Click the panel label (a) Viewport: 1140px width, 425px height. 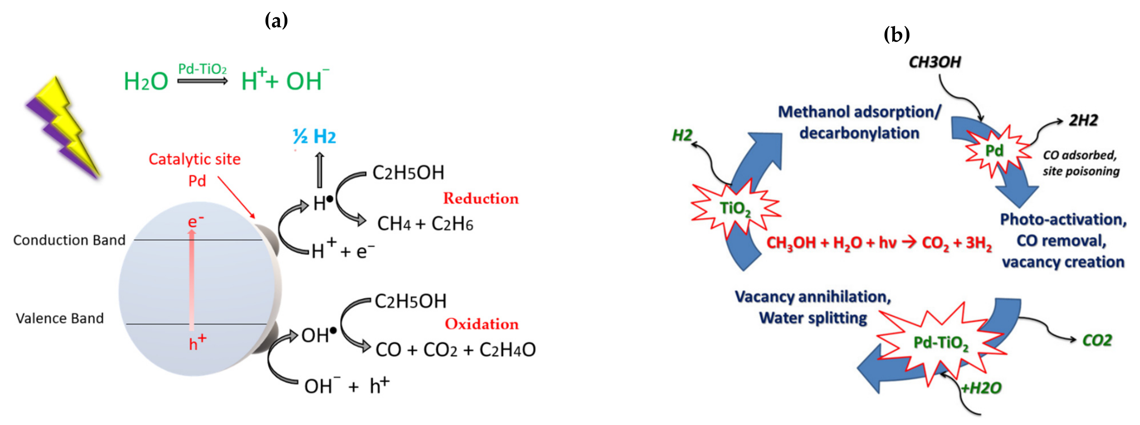pyautogui.click(x=276, y=20)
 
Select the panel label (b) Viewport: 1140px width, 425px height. pyautogui.click(x=896, y=34)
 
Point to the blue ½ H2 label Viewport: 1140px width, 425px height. pyautogui.click(x=314, y=136)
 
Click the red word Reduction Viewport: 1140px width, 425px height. pyautogui.click(x=481, y=198)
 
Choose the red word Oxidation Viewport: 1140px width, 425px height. pyautogui.click(x=481, y=324)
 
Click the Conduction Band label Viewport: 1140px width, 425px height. pyautogui.click(x=70, y=240)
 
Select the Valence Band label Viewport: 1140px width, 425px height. pyautogui.click(x=60, y=318)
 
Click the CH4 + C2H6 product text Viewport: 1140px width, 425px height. pyautogui.click(x=425, y=224)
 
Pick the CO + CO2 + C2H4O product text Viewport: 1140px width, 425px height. pyautogui.click(x=455, y=350)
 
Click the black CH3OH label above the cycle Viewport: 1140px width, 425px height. pyautogui.click(x=935, y=62)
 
